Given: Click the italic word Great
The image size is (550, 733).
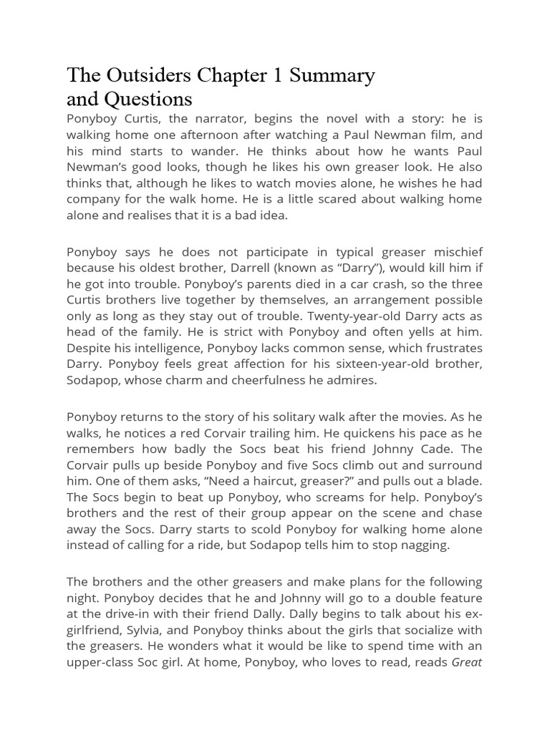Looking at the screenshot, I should point(467,661).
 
